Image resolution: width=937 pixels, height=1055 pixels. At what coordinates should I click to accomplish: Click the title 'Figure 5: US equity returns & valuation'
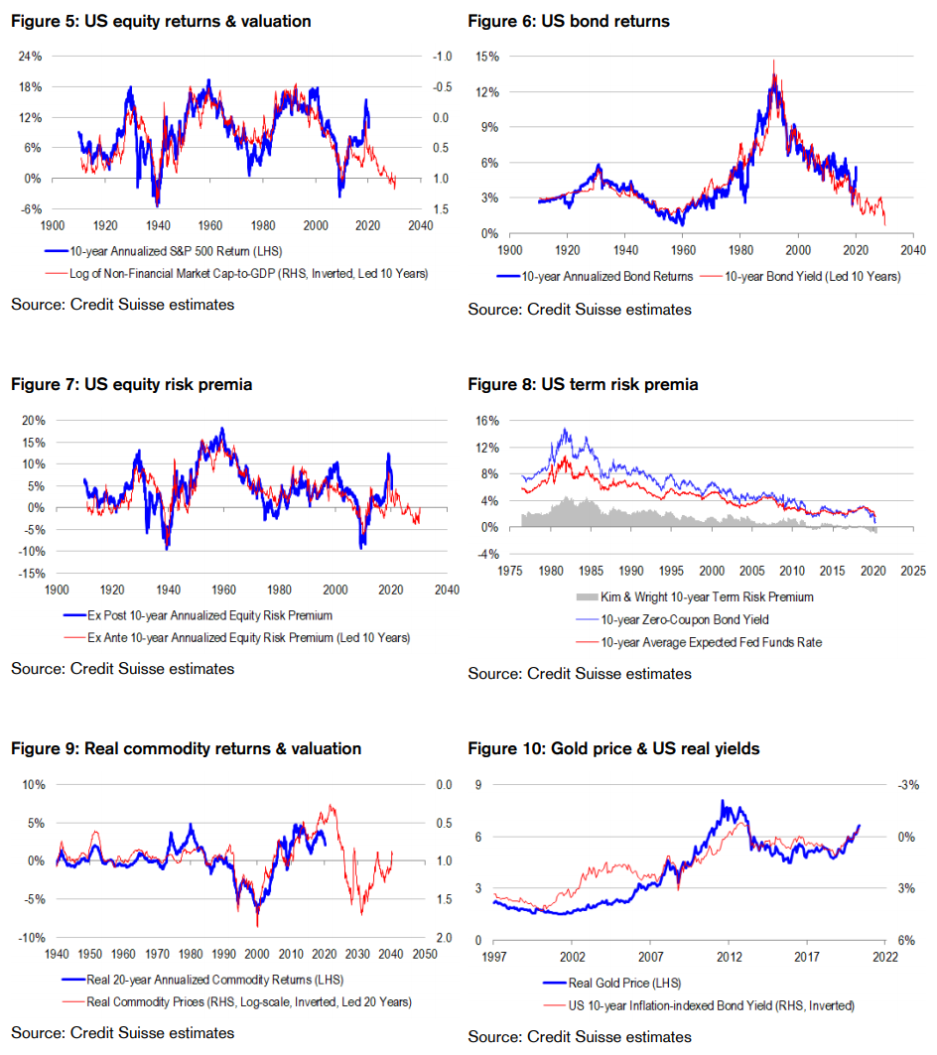[x=161, y=21]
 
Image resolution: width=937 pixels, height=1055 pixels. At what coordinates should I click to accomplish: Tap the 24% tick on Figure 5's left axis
[x=30, y=57]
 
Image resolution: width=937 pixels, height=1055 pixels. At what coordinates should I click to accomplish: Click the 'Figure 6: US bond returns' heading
[x=569, y=21]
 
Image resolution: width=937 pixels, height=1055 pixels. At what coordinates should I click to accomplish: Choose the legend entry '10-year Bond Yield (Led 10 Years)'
[x=800, y=277]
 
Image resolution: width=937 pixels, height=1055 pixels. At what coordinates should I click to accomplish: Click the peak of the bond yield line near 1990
[x=773, y=62]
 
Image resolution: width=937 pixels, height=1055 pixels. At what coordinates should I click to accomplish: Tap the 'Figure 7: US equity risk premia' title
[x=131, y=384]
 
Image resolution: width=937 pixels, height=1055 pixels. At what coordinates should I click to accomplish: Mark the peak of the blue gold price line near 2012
[x=723, y=800]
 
